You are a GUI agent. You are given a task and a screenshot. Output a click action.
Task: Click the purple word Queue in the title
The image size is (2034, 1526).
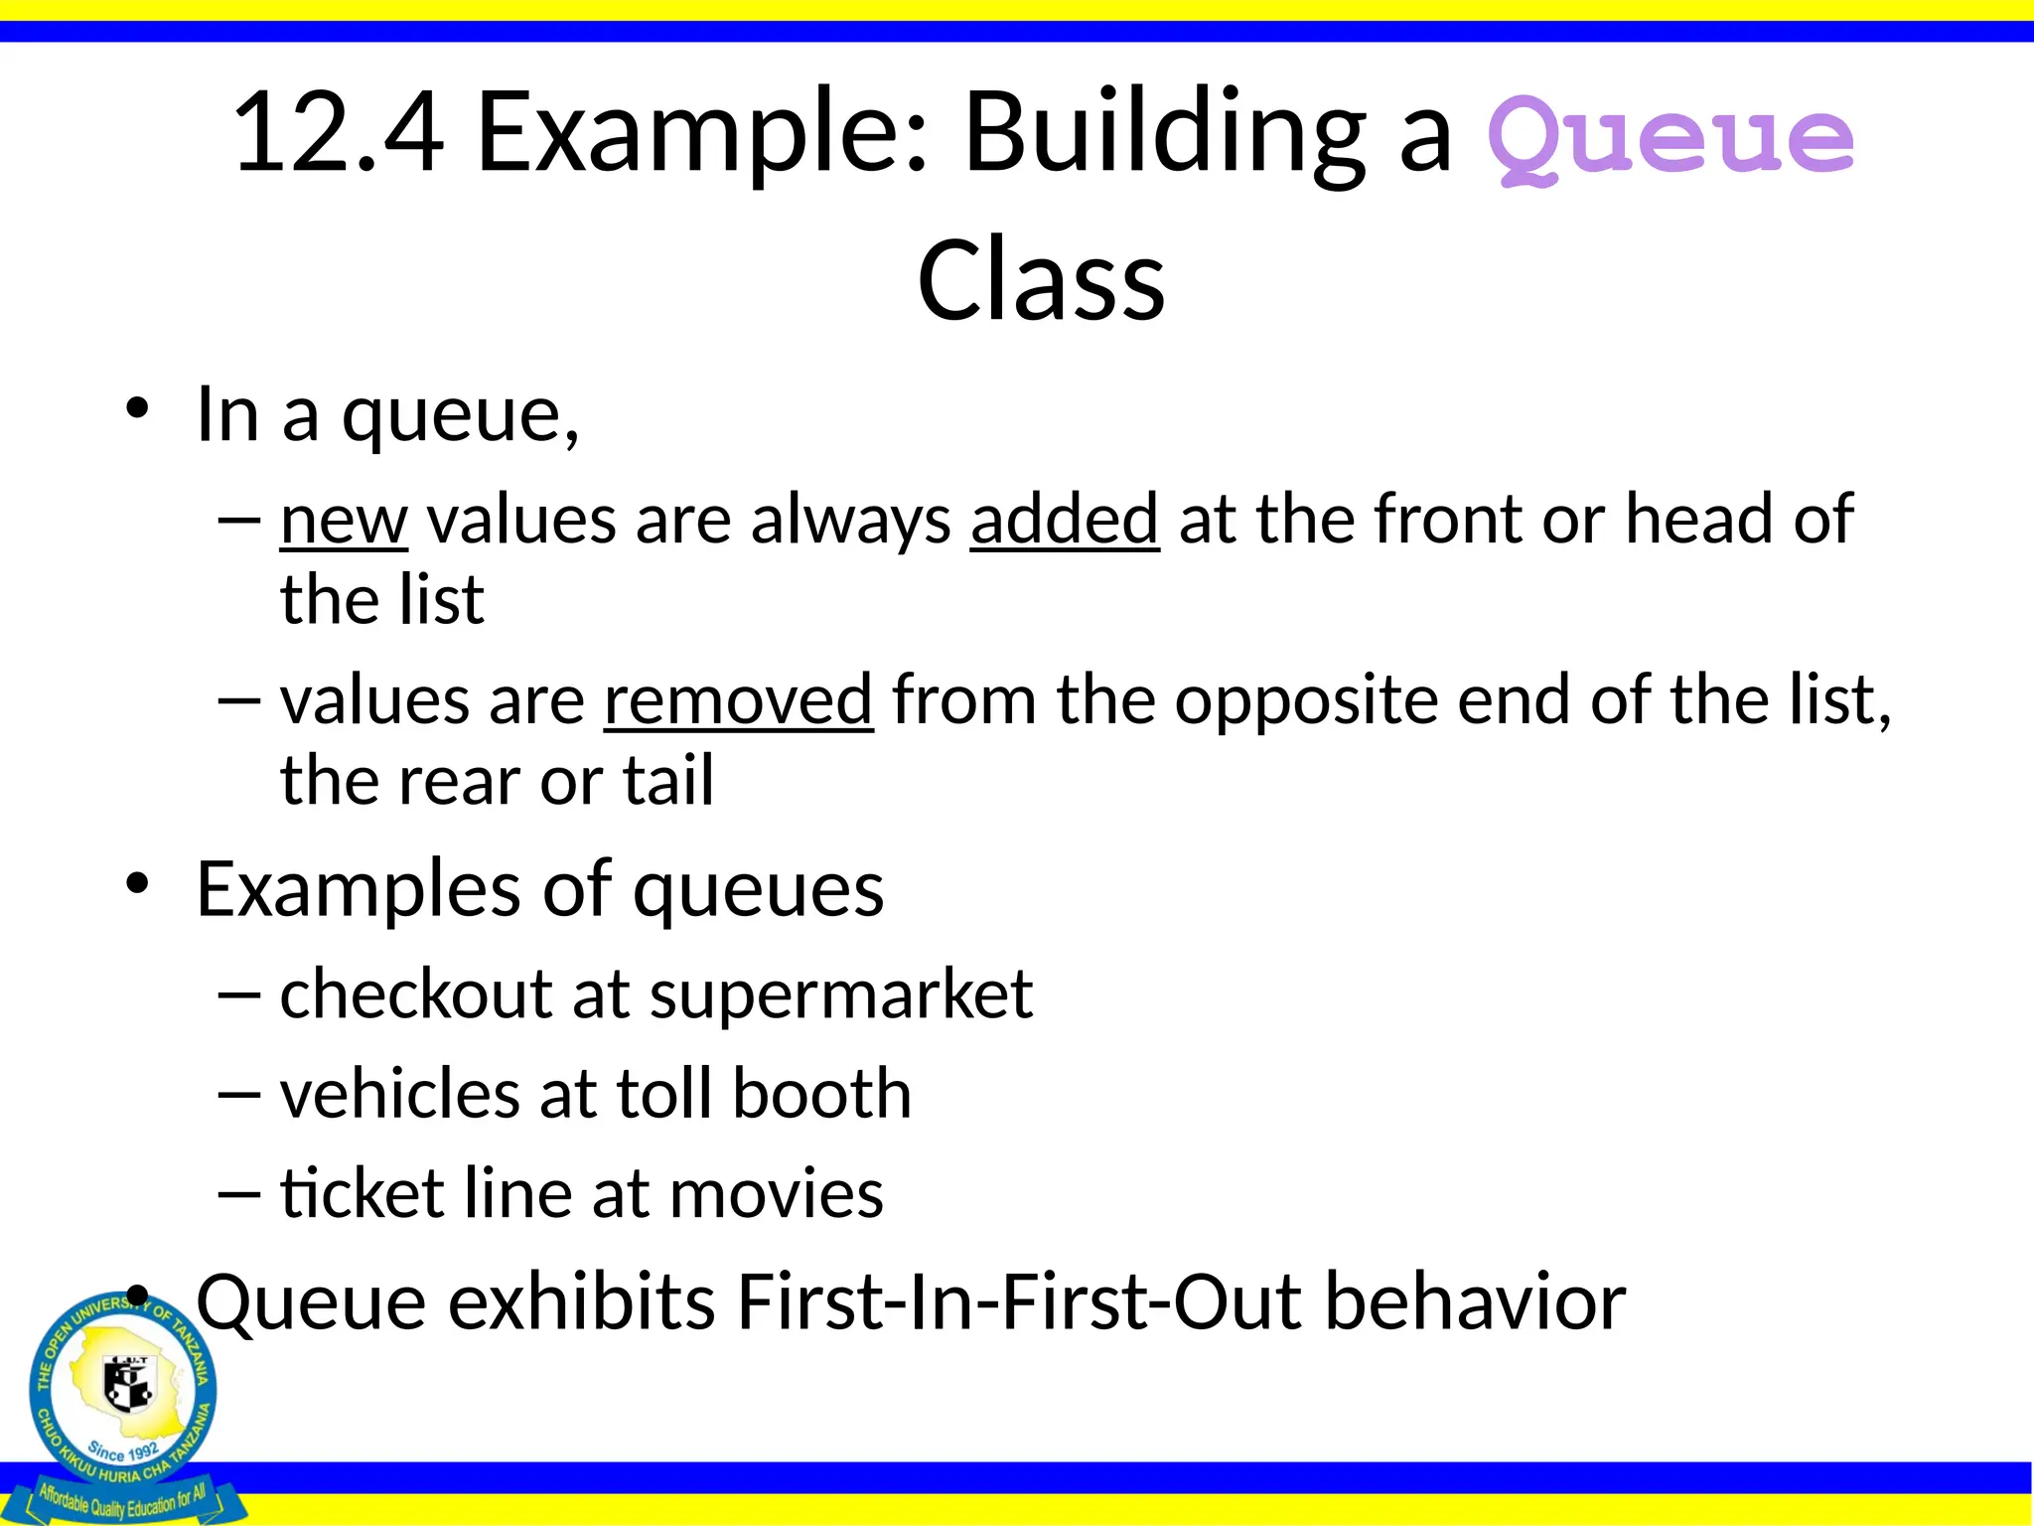click(x=1671, y=139)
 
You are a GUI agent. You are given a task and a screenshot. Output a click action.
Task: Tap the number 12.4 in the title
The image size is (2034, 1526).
click(x=338, y=133)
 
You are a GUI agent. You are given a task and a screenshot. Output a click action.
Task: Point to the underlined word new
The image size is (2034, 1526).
click(x=344, y=521)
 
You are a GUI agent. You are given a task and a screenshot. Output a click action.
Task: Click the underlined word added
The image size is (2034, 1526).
click(x=1065, y=521)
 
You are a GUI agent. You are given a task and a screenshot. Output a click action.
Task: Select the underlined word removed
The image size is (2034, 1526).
click(x=738, y=701)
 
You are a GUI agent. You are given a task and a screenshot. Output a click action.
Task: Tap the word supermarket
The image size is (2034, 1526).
click(x=840, y=994)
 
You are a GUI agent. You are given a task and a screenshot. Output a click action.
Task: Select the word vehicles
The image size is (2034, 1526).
click(x=400, y=1094)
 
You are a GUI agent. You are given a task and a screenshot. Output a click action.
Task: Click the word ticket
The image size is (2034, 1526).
click(x=362, y=1193)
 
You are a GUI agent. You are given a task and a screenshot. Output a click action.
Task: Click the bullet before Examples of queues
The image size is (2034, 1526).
click(x=137, y=883)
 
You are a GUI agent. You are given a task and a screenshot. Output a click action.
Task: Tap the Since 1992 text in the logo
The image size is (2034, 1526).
click(x=123, y=1451)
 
